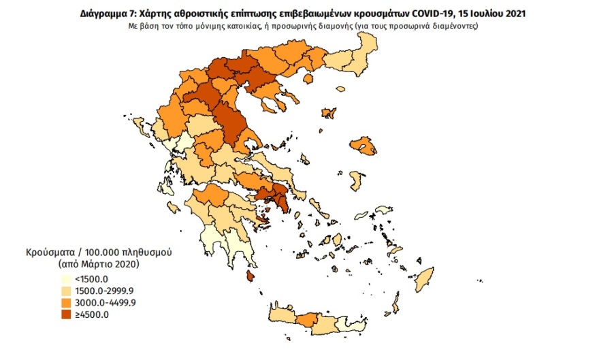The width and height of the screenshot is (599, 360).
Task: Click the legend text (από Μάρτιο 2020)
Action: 99,263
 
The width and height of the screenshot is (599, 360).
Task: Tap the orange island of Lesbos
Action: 363,146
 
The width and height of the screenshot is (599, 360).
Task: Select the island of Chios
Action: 356,181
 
